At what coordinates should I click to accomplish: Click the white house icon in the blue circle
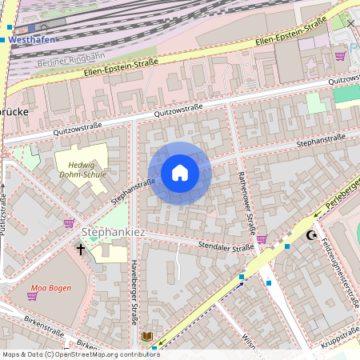[180, 173]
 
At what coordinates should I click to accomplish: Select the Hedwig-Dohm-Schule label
[82, 174]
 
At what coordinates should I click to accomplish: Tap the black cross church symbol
[80, 250]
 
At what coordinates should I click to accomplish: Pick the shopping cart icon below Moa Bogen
[32, 296]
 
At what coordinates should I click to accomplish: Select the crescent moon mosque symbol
[311, 235]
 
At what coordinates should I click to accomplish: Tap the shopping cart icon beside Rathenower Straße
[262, 238]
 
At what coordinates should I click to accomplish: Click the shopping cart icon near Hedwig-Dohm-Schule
[69, 223]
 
